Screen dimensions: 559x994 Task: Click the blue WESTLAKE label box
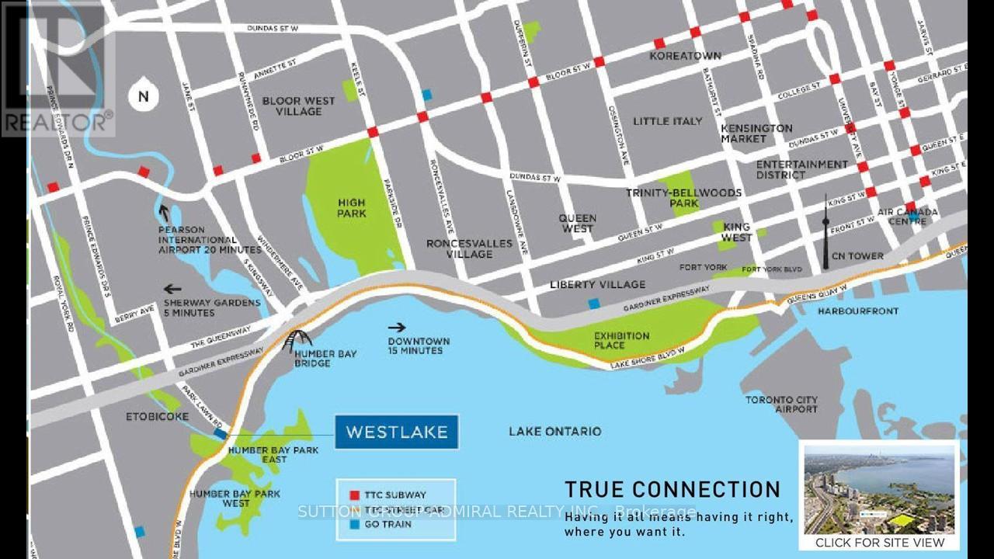point(396,432)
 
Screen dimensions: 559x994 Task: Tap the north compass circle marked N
point(143,96)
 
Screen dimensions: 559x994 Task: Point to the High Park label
point(351,208)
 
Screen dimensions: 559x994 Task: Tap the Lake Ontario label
point(554,431)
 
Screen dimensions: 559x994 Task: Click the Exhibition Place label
point(621,341)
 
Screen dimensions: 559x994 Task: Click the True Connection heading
point(672,489)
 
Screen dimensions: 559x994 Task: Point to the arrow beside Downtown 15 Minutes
point(397,328)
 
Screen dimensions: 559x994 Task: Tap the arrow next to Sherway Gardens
point(172,290)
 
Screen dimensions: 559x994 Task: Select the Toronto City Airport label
point(781,404)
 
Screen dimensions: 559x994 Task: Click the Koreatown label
point(686,56)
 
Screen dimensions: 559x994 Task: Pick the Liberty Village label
point(596,284)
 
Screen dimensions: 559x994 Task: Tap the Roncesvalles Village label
point(469,248)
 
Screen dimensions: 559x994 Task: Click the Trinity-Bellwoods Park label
point(685,198)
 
